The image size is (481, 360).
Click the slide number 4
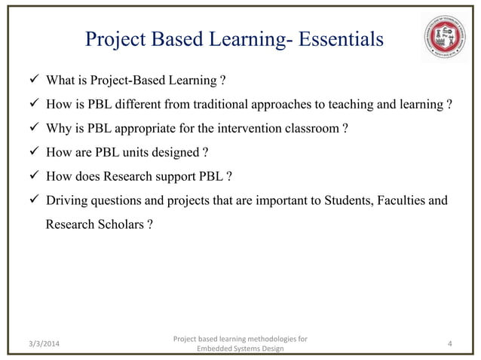pos(449,344)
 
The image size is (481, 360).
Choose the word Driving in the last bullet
pos(66,201)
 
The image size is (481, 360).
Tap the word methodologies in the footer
pos(263,339)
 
